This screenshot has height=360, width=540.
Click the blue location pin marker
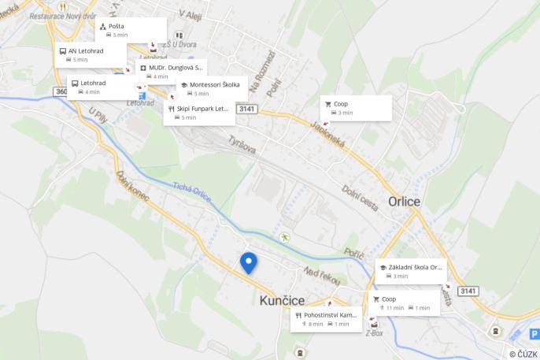(248, 262)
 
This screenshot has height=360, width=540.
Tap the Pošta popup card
(131, 30)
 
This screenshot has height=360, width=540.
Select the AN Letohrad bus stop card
(91, 54)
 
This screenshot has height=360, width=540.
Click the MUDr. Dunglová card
(172, 72)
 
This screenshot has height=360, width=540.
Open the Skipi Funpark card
(199, 113)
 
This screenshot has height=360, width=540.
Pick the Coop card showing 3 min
(356, 108)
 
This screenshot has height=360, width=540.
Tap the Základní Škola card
(409, 271)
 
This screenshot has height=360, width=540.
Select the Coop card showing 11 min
(404, 303)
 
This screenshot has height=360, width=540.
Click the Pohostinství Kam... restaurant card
(325, 319)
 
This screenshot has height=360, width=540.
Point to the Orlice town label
(404, 202)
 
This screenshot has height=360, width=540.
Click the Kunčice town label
(281, 299)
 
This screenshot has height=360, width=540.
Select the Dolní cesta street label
(360, 198)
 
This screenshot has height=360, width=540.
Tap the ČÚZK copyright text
(523, 354)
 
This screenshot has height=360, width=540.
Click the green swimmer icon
(284, 237)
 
